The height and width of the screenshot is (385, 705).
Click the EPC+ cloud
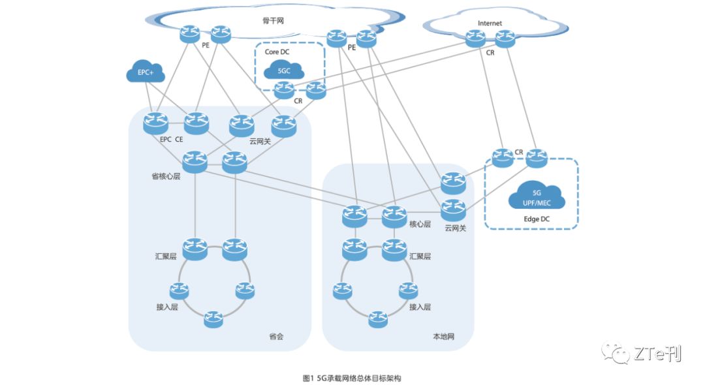(145, 73)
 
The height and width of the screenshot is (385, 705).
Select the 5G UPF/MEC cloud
(537, 197)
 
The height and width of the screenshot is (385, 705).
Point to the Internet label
(490, 23)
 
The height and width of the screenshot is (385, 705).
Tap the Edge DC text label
(537, 219)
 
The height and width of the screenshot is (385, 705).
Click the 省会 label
(277, 337)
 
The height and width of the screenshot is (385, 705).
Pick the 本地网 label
(443, 337)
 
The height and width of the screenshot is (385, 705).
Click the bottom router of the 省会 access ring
(213, 319)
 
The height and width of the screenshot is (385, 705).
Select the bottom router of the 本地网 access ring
(378, 319)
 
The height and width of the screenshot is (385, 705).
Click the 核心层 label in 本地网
(420, 224)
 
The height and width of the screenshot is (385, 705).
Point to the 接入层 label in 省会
(167, 307)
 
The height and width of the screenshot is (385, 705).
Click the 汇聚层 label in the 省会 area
(164, 256)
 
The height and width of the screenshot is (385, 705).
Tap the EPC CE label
(171, 140)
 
